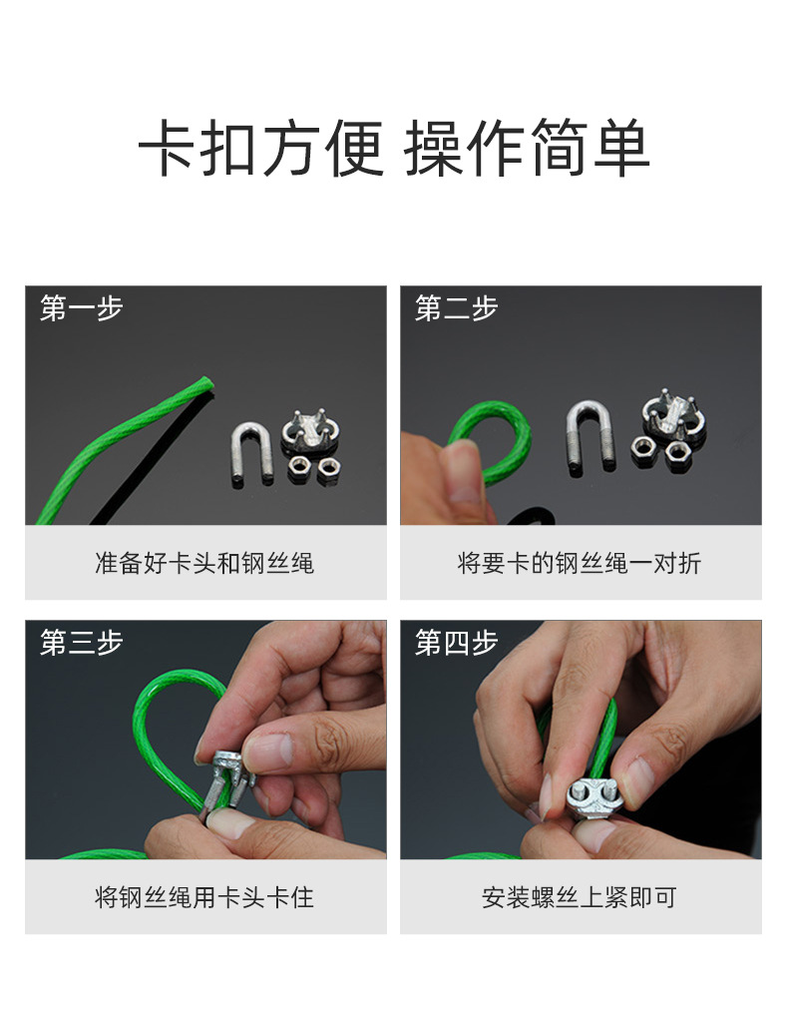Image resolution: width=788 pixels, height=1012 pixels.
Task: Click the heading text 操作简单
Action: coord(527,150)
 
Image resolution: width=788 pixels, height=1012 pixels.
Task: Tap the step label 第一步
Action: coord(81,308)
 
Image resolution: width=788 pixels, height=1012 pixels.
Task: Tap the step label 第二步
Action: coord(456,308)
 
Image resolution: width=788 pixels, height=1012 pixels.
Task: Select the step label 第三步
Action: coord(81,643)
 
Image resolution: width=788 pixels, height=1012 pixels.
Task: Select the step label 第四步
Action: coord(456,643)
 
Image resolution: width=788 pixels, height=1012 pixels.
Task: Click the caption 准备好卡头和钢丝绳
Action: coord(204,564)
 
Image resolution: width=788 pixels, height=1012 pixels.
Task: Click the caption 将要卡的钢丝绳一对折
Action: coord(580,564)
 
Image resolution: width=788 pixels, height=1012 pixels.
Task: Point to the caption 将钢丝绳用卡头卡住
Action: coord(204,898)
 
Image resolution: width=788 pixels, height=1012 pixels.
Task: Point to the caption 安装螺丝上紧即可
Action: coord(580,898)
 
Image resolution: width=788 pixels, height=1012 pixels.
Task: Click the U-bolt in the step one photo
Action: coord(251,452)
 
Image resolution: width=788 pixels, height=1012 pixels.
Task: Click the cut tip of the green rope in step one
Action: coord(205,382)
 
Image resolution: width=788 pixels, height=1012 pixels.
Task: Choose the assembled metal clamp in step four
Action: coord(592,798)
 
